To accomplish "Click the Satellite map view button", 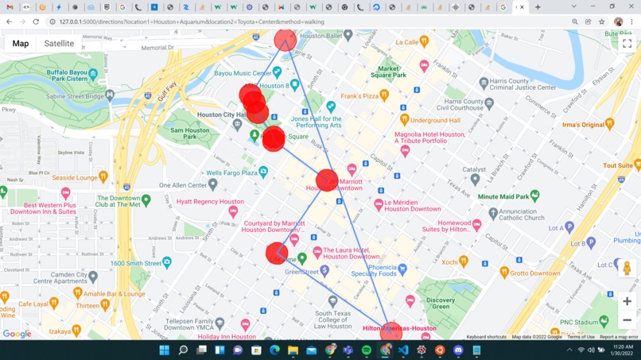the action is pyautogui.click(x=59, y=44).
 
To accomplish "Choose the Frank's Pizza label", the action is pyautogui.click(x=359, y=97).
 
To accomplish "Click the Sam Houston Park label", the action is pyautogui.click(x=190, y=134).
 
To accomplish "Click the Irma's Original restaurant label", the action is pyautogui.click(x=583, y=125).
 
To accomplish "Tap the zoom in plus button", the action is pyautogui.click(x=627, y=301).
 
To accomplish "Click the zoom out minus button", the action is pyautogui.click(x=627, y=320).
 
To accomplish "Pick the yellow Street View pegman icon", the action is pyautogui.click(x=627, y=268).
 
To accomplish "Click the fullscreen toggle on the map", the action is pyautogui.click(x=627, y=44).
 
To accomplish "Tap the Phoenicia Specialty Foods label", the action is pyautogui.click(x=372, y=271).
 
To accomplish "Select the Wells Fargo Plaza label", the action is pyautogui.click(x=231, y=172).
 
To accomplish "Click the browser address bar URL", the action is pyautogui.click(x=191, y=22).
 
